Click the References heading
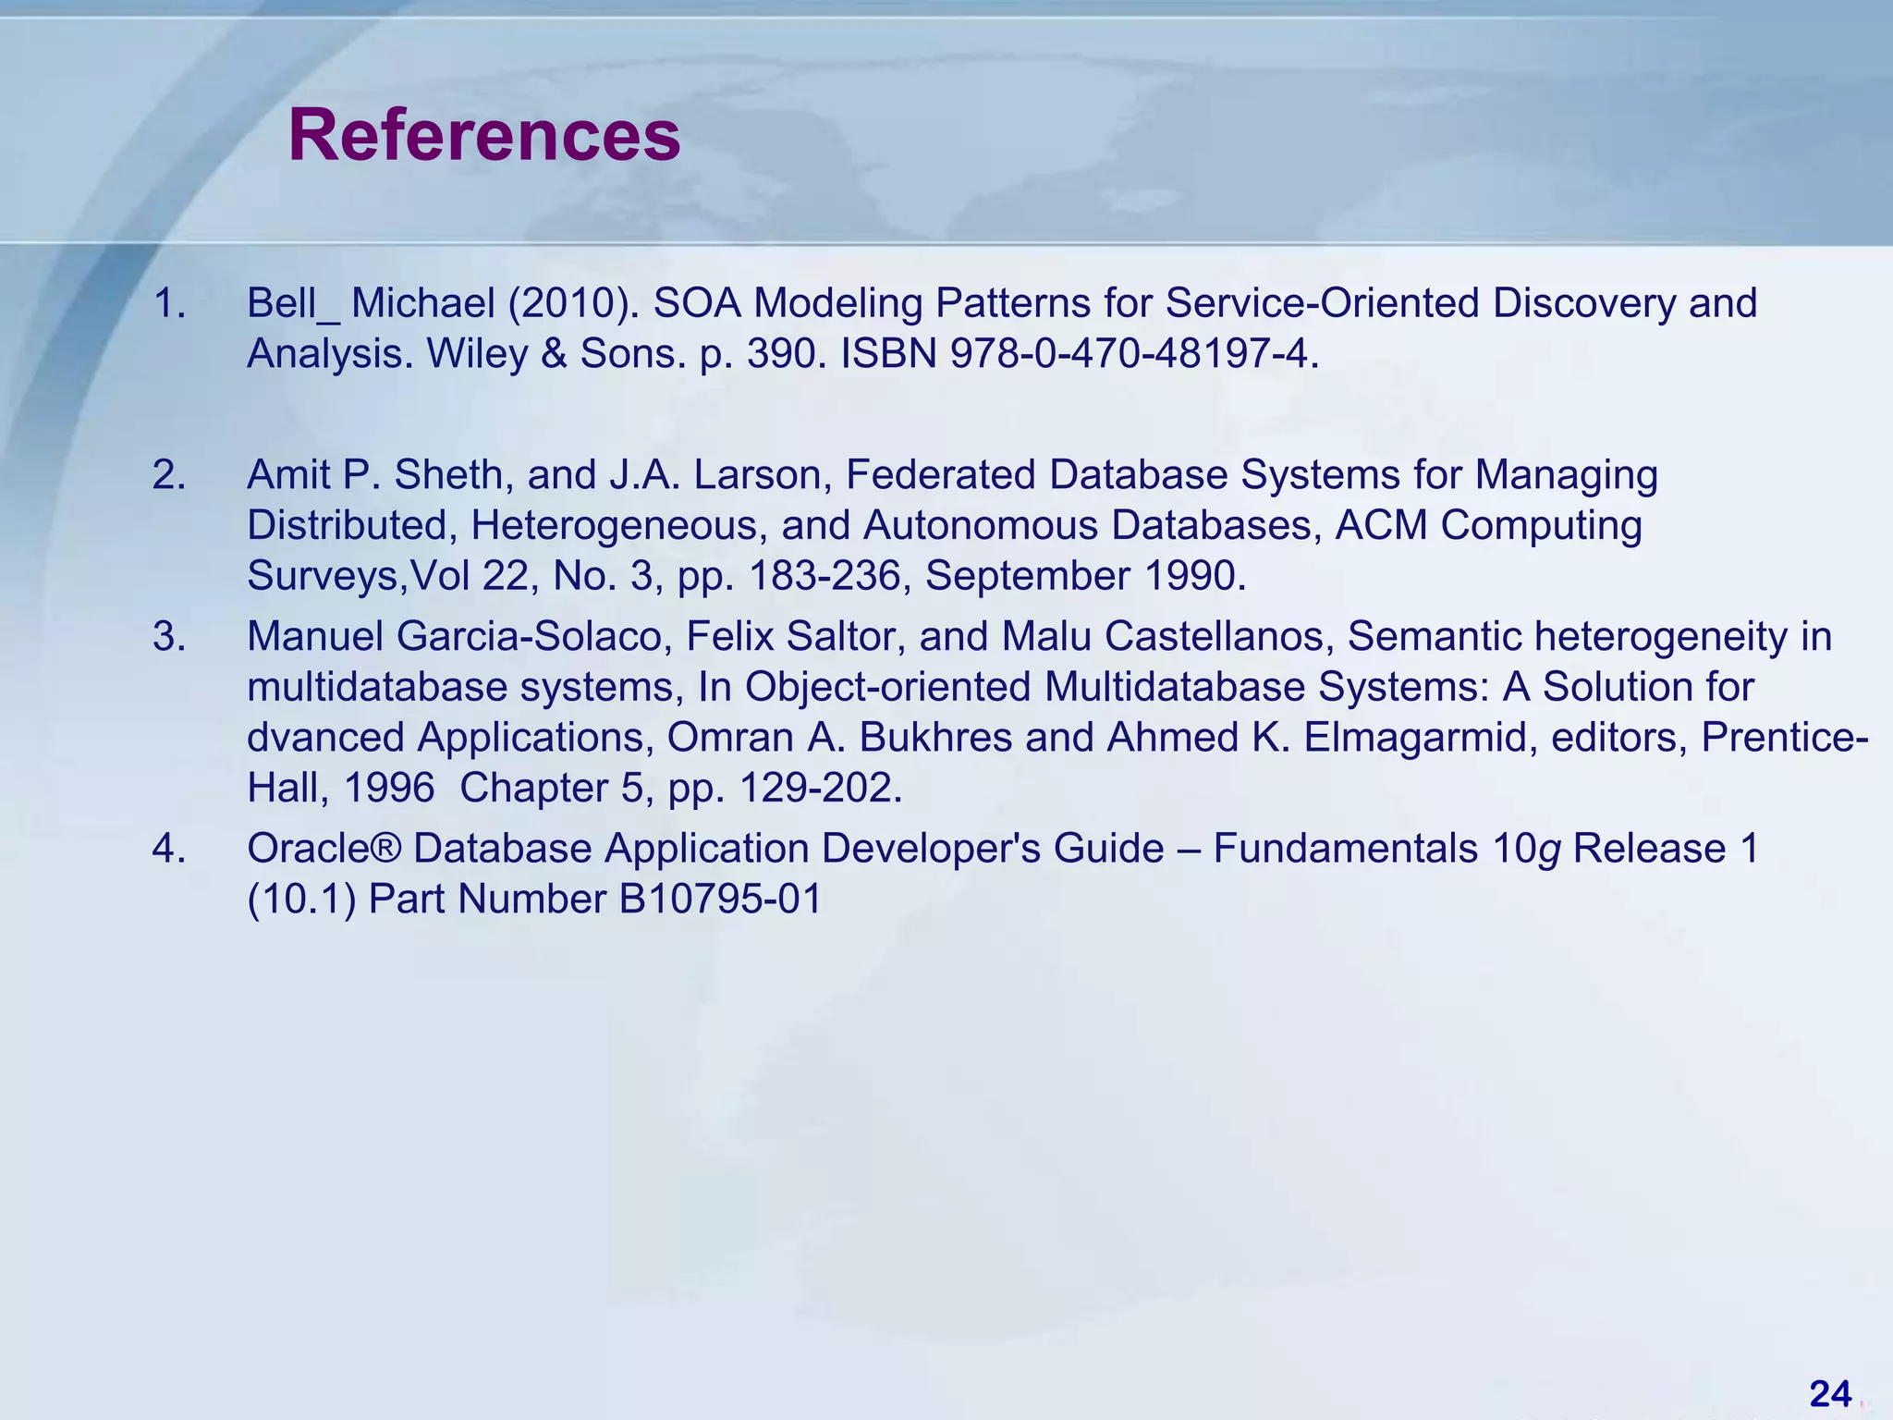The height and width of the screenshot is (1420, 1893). pyautogui.click(x=484, y=136)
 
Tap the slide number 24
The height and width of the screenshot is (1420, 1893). pyautogui.click(x=1830, y=1393)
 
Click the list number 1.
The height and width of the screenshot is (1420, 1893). pyautogui.click(x=169, y=303)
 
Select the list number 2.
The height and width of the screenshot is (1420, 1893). pyautogui.click(x=169, y=475)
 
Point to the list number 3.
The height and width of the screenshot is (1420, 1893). pyautogui.click(x=169, y=637)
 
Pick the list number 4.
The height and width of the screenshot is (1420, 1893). pyautogui.click(x=169, y=849)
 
